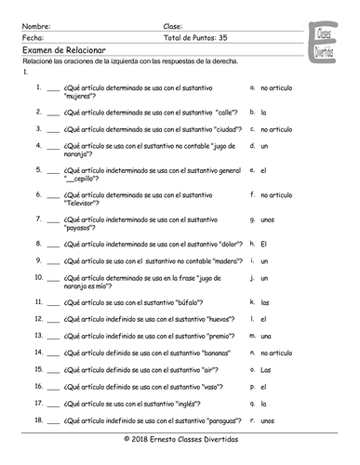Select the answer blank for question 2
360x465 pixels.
[52, 113]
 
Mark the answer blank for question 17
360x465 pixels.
[52, 404]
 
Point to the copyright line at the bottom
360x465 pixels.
[180, 438]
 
